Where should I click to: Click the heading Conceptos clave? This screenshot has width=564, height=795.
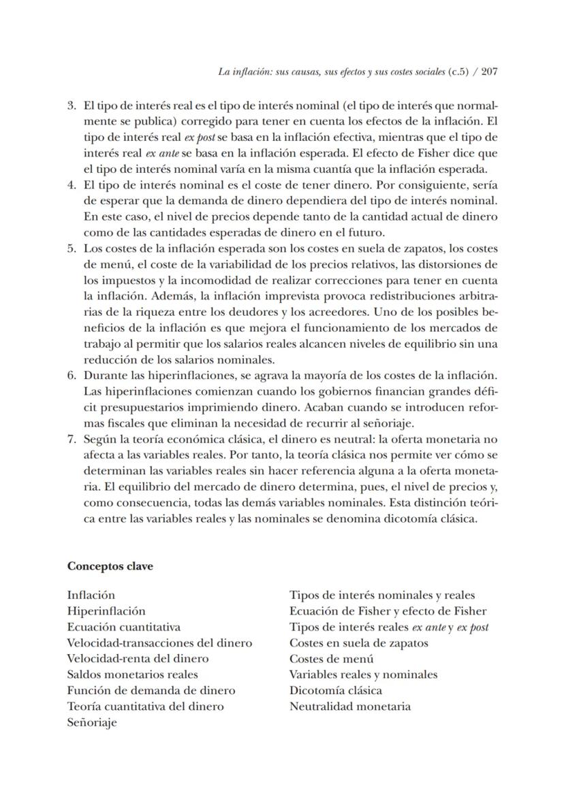pos(110,566)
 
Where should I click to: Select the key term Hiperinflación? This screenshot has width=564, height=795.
pos(106,611)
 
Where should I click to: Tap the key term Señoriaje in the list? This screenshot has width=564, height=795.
pos(92,722)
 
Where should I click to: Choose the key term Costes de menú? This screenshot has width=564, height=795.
pos(331,659)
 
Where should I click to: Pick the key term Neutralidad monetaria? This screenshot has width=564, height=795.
pos(349,707)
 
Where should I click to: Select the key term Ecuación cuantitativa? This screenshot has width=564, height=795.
pos(123,627)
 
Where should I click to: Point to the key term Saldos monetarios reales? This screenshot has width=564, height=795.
pos(133,675)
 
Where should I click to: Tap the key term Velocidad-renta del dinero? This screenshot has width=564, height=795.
pos(138,659)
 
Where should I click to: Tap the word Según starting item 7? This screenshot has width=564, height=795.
pos(99,439)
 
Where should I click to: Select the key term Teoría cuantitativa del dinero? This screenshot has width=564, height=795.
pos(145,707)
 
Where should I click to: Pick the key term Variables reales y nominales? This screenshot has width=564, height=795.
pos(363,675)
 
